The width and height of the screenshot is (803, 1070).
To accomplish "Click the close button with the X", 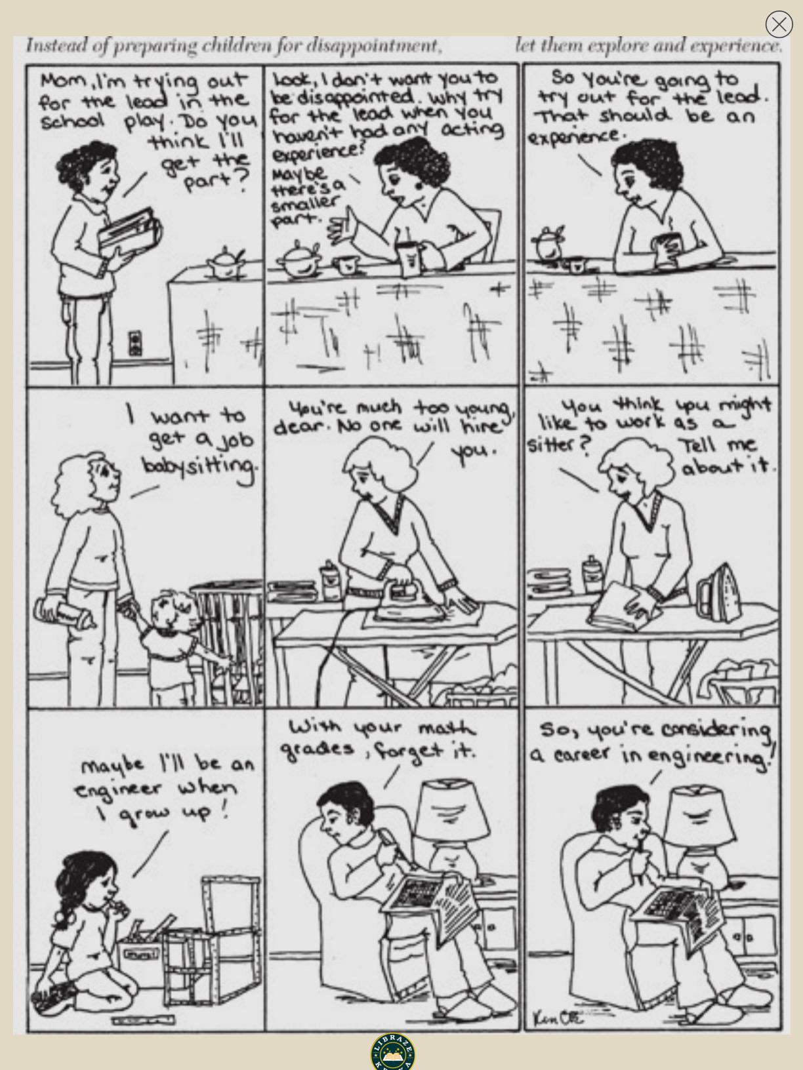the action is pyautogui.click(x=779, y=24).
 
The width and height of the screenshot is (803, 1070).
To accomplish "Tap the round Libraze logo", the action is pyautogui.click(x=393, y=1052).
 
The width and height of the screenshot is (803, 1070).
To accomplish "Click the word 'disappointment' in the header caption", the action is pyautogui.click(x=374, y=46).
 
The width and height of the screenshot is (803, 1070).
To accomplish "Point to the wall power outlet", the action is pyautogui.click(x=135, y=343).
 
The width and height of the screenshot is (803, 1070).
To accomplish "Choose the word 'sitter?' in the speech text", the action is pyautogui.click(x=558, y=445).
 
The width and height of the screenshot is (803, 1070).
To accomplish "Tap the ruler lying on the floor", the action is pyautogui.click(x=143, y=1020).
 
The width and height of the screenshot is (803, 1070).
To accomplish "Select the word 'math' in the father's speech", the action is pyautogui.click(x=446, y=729).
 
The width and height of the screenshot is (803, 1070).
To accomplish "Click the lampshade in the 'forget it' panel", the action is pyautogui.click(x=453, y=810).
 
